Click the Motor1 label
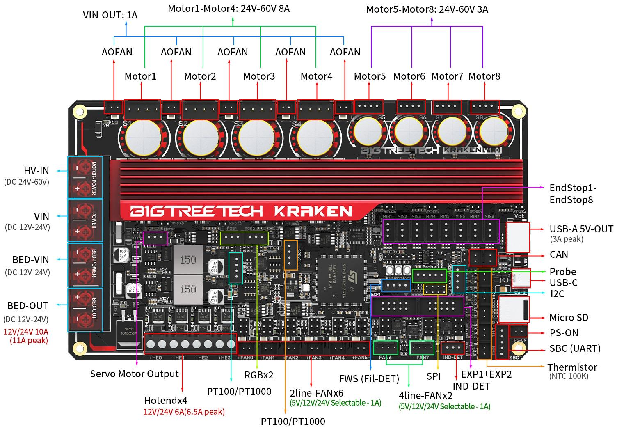[x=140, y=76]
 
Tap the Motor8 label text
[x=484, y=76]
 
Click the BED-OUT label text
[x=28, y=306]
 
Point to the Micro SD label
[x=569, y=318]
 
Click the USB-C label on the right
[x=563, y=283]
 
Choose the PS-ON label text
[x=564, y=333]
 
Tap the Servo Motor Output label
[x=134, y=374]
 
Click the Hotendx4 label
[x=166, y=401]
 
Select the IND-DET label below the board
[x=471, y=386]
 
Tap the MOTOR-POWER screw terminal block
[x=85, y=178]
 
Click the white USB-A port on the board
[x=518, y=237]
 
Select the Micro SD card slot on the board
[x=513, y=309]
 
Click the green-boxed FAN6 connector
[x=386, y=348]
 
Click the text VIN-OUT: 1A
[x=110, y=16]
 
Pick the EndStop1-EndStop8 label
[x=573, y=194]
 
